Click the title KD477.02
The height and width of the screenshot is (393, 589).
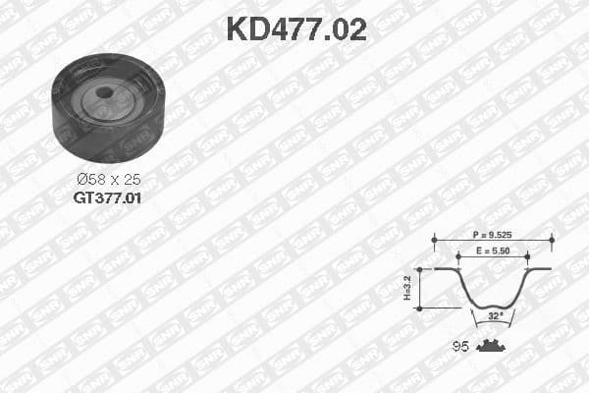[295, 29]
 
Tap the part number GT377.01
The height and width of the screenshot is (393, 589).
[107, 196]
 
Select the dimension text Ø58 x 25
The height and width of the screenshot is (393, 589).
[107, 180]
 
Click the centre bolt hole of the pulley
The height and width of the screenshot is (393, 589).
[104, 95]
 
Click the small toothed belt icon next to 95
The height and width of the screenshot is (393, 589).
[489, 345]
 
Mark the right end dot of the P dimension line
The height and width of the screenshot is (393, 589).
[552, 237]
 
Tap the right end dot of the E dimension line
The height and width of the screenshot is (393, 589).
[527, 254]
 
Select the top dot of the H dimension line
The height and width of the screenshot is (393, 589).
[419, 268]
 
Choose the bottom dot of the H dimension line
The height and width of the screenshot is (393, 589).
[419, 308]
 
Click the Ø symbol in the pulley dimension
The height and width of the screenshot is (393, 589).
[81, 180]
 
